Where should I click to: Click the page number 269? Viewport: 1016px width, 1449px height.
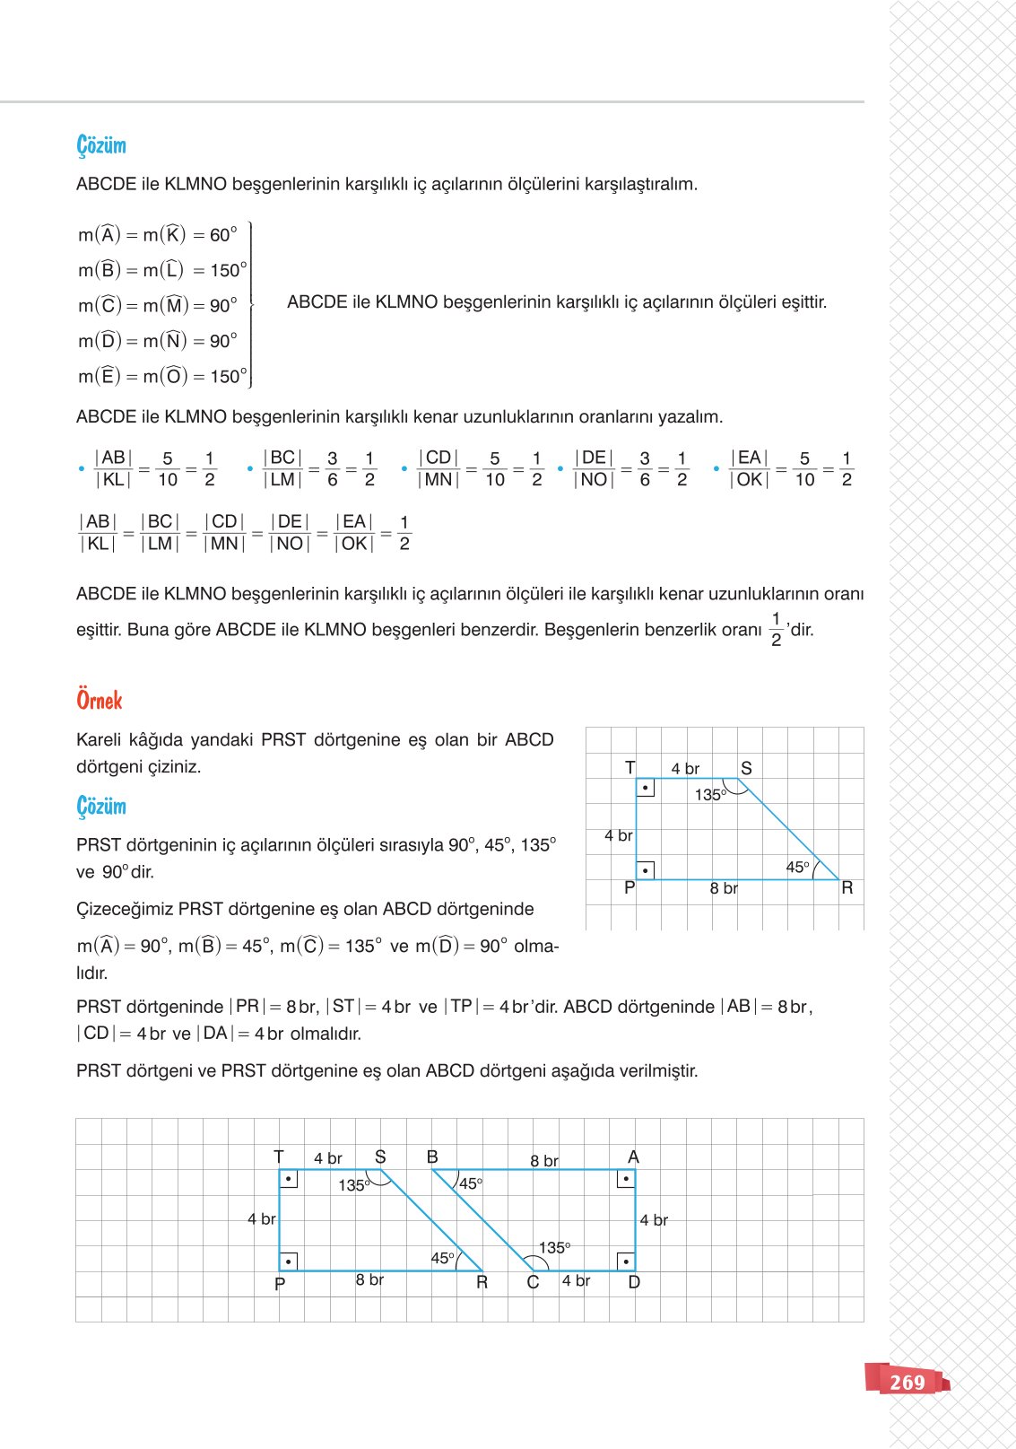click(x=907, y=1383)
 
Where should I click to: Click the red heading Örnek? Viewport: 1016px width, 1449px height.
click(x=99, y=701)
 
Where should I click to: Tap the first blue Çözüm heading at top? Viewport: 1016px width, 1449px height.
click(x=101, y=145)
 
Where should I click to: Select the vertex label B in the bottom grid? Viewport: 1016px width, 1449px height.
click(x=432, y=1157)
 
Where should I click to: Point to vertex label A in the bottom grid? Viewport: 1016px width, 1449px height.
click(x=633, y=1157)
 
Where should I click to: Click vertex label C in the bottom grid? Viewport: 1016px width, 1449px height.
click(x=533, y=1282)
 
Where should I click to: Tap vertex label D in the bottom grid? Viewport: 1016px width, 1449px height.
click(x=634, y=1282)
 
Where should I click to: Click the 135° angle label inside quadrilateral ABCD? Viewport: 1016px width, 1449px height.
click(x=554, y=1248)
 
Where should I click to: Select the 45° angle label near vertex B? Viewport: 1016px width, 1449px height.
click(x=471, y=1183)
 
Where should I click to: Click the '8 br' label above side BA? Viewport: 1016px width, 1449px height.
click(x=544, y=1160)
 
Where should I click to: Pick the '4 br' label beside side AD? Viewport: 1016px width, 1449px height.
click(x=654, y=1220)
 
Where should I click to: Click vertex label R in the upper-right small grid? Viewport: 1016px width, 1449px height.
click(x=847, y=888)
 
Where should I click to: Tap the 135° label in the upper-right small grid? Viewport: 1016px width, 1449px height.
click(x=710, y=795)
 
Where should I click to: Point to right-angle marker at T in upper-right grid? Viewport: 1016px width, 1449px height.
click(x=645, y=788)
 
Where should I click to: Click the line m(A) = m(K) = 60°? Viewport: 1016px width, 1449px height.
click(x=158, y=235)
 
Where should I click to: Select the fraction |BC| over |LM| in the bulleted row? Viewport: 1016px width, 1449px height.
click(x=282, y=468)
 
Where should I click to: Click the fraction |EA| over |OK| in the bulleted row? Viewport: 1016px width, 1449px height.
click(x=750, y=468)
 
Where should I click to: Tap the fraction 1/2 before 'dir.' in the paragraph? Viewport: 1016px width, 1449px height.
click(x=776, y=630)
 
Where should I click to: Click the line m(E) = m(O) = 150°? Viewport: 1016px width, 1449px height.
click(x=161, y=377)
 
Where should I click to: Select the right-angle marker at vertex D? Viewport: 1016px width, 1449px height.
click(x=626, y=1261)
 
